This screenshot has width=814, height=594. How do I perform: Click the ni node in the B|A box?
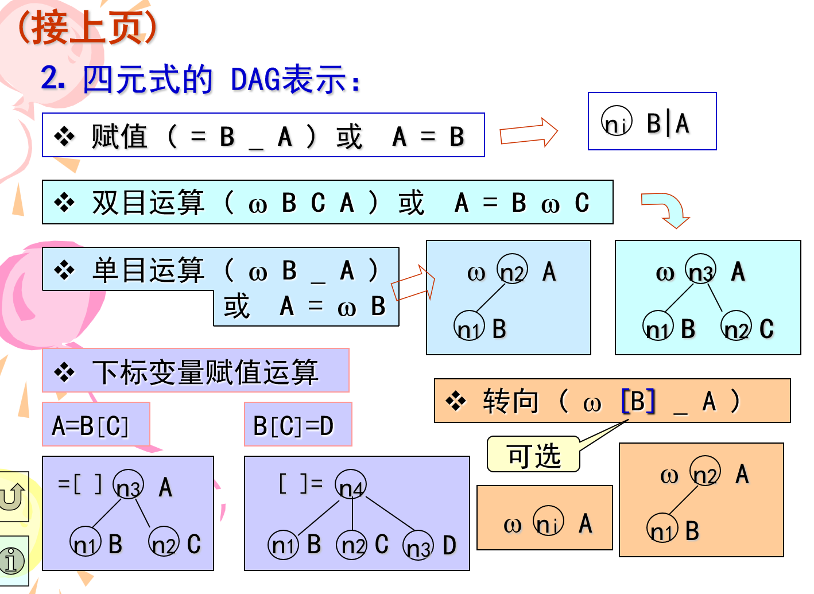[x=617, y=122]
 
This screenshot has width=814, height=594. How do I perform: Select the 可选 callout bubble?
[x=534, y=455]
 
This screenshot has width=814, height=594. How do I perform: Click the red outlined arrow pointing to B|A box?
[x=528, y=133]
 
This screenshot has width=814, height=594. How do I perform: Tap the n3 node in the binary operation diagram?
[x=701, y=270]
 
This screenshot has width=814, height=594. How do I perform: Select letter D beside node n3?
[x=449, y=545]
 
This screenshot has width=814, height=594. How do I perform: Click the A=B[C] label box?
[x=96, y=425]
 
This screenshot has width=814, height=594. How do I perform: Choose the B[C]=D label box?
[x=297, y=425]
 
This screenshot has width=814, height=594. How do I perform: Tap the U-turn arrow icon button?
[x=13, y=496]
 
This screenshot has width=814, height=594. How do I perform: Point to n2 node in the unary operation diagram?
[x=512, y=270]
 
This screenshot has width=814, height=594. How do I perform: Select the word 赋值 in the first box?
[x=119, y=137]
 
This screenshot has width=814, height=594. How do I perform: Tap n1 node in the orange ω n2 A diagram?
[x=662, y=529]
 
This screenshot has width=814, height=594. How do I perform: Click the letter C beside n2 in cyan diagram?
[x=766, y=329]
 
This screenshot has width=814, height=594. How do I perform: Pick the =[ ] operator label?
[x=80, y=484]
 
